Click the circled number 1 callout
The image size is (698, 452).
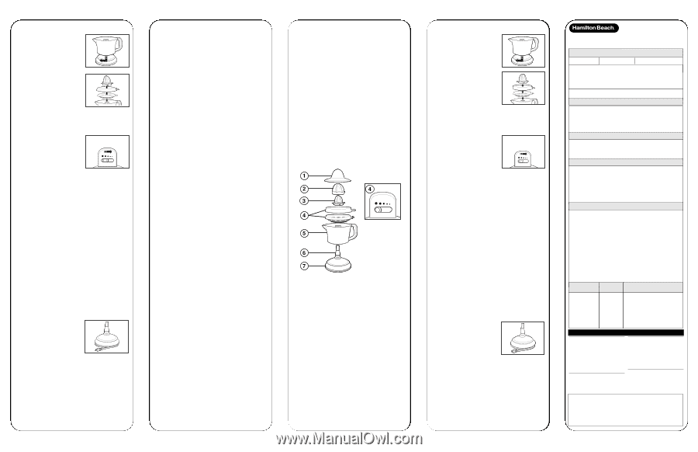tap(304, 176)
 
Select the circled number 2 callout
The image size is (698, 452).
tap(304, 189)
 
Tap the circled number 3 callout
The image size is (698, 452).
tap(304, 201)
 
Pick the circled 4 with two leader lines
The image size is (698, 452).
tap(304, 215)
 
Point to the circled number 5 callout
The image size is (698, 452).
tap(304, 233)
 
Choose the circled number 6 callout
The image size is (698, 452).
tap(304, 252)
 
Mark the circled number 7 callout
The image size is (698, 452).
tap(304, 266)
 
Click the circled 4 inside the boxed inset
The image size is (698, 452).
tap(370, 189)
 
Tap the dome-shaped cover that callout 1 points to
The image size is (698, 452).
tap(337, 176)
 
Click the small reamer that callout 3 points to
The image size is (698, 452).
tap(339, 200)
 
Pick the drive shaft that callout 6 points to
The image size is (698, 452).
tap(338, 251)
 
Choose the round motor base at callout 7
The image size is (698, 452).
tap(338, 266)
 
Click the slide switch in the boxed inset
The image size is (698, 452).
tap(383, 210)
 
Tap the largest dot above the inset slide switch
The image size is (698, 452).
tap(377, 203)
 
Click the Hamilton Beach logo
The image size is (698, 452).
tap(594, 28)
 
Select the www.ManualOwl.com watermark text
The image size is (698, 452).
tap(349, 439)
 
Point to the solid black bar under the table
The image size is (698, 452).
tap(626, 332)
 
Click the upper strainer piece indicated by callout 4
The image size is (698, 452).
tap(340, 209)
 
